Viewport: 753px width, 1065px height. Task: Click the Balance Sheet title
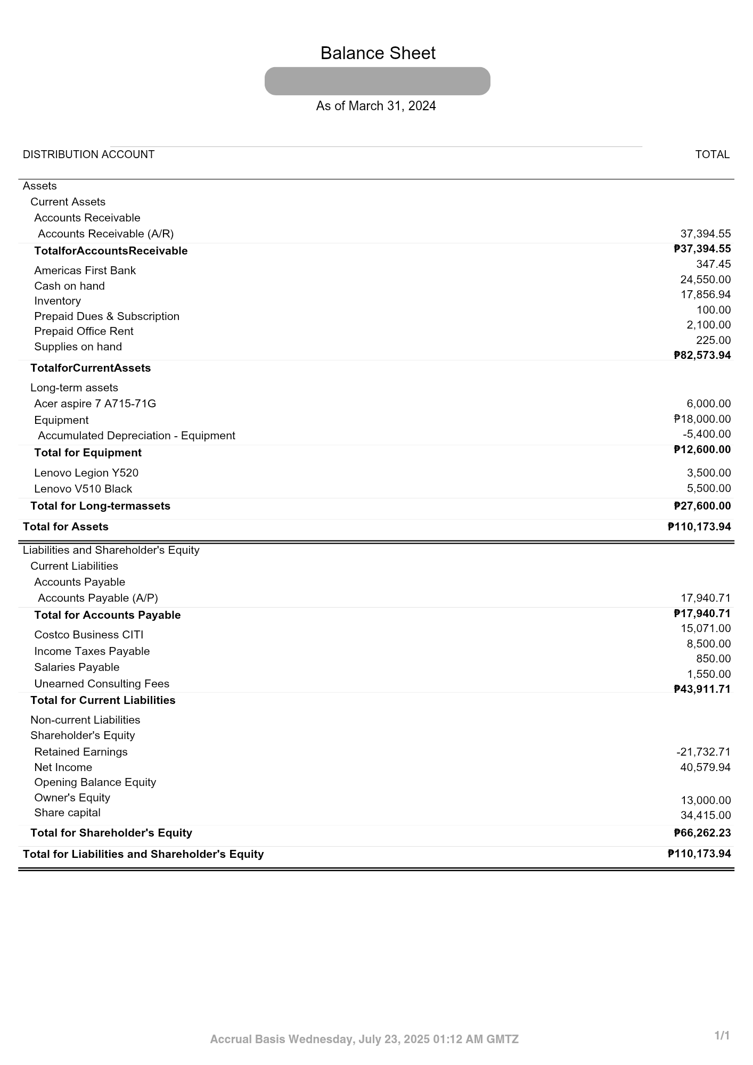(x=378, y=53)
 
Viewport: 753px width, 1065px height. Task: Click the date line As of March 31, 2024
(x=376, y=106)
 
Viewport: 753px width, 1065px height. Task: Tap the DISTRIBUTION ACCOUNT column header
(x=88, y=154)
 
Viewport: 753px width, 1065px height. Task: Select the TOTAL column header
(x=712, y=154)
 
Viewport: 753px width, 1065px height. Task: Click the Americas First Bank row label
(x=85, y=271)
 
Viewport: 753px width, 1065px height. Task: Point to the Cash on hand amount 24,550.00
(x=705, y=280)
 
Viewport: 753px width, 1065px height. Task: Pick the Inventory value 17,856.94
(x=705, y=294)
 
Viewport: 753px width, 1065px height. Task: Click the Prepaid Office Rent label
(x=84, y=331)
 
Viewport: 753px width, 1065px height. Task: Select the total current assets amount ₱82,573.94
(x=702, y=355)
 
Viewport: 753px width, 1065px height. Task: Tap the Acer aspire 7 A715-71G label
(x=95, y=404)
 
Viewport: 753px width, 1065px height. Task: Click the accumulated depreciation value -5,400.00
(x=707, y=434)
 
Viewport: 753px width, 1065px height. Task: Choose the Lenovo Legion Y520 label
(x=86, y=473)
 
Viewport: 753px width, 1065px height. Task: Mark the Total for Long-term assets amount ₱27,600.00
(x=702, y=506)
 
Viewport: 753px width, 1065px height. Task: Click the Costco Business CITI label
(x=88, y=635)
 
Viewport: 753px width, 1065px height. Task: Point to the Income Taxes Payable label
(x=92, y=651)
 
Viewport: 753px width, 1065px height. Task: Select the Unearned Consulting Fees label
(x=102, y=684)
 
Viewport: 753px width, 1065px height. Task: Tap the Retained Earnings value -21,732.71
(x=703, y=752)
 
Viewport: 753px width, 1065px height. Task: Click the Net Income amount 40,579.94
(x=705, y=767)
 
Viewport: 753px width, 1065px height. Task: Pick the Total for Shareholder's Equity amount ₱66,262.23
(x=702, y=833)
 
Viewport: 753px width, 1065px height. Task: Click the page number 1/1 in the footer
(x=722, y=1035)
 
